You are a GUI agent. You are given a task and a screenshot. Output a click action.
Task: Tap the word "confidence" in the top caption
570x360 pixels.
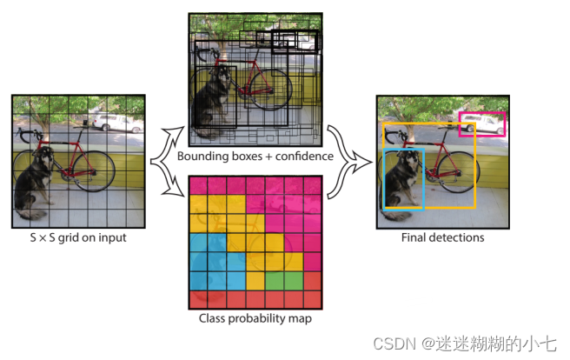point(302,157)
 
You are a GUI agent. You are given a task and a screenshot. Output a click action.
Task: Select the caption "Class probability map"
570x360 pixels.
point(255,318)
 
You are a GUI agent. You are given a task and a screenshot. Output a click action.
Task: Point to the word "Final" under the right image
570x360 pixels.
point(416,237)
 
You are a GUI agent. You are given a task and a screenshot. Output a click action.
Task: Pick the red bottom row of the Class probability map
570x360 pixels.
point(255,300)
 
